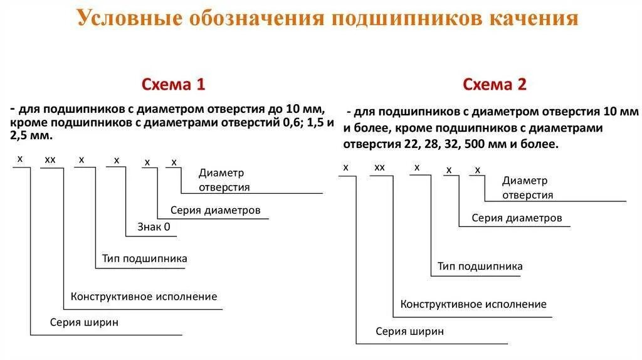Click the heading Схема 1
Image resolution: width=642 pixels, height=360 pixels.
coord(173,85)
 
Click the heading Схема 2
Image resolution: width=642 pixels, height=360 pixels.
coord(495,85)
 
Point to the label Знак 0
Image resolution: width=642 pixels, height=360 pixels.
coord(154,227)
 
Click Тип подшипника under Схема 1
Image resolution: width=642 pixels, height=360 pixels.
coord(145,258)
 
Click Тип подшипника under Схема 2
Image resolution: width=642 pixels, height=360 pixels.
coord(480,267)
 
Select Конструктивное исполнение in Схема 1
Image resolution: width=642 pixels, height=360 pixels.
coord(144,297)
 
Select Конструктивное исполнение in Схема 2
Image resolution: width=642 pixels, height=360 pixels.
coord(473,304)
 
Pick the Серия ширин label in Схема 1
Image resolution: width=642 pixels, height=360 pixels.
coord(85,323)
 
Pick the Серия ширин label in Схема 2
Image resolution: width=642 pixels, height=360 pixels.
coord(410,331)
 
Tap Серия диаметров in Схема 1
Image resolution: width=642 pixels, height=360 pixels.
coord(215,210)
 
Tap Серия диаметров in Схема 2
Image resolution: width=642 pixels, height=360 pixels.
coord(517,218)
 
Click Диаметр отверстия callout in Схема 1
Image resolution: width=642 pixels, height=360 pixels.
coord(224,180)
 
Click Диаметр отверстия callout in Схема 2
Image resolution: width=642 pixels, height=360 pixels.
coord(527,188)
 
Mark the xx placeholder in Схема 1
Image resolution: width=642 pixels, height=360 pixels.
coord(50,160)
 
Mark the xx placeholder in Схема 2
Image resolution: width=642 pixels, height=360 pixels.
coord(379,167)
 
